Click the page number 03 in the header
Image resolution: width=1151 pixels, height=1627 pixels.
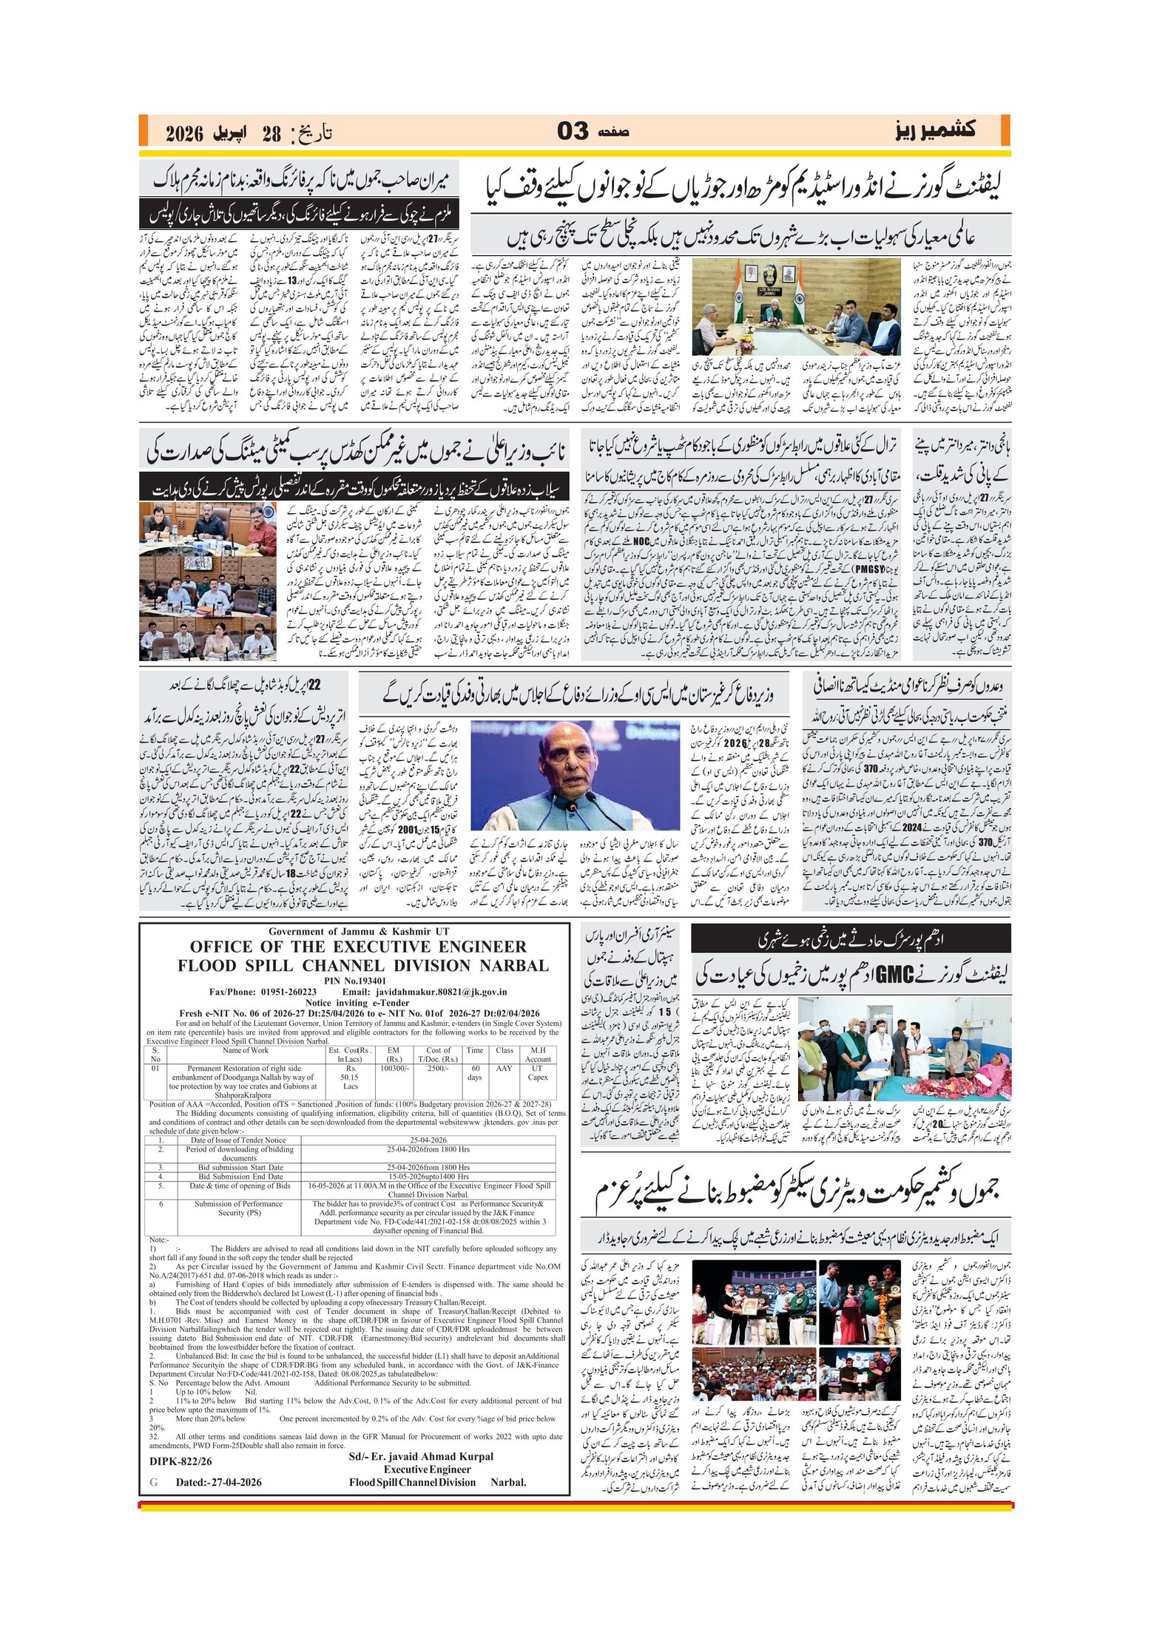click(x=573, y=132)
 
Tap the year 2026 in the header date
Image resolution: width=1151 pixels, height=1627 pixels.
click(x=184, y=134)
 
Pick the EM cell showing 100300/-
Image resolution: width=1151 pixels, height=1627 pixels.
click(x=394, y=1069)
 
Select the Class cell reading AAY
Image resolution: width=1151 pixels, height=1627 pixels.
click(x=504, y=1069)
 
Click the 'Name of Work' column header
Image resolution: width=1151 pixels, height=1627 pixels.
click(x=246, y=1050)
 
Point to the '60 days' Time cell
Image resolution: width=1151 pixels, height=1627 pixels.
click(x=475, y=1073)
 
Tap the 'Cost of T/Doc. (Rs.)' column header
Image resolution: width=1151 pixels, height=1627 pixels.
click(x=438, y=1055)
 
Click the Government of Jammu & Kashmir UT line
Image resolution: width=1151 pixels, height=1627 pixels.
click(x=358, y=932)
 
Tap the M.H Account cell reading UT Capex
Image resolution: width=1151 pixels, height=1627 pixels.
click(x=538, y=1073)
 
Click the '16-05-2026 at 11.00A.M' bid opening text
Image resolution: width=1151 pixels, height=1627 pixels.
click(x=351, y=1185)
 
